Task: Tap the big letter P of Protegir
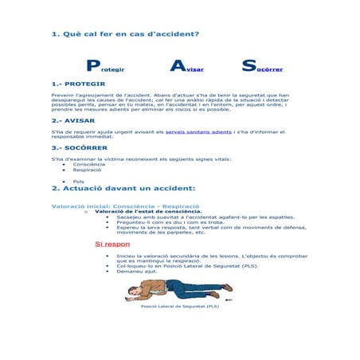(x=93, y=67)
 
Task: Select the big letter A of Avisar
(x=178, y=67)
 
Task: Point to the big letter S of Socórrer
(x=248, y=67)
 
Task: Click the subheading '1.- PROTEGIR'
(x=78, y=84)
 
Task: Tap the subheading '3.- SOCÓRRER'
(x=79, y=147)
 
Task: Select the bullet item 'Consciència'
(x=88, y=164)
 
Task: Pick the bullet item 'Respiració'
(x=87, y=170)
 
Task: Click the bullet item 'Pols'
(x=78, y=181)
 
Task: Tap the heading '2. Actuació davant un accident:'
(x=123, y=189)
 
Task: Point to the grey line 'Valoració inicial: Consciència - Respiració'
(x=125, y=205)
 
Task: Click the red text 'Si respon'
(x=112, y=244)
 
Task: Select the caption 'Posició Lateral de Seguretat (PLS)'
(x=179, y=306)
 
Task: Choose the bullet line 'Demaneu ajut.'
(x=137, y=272)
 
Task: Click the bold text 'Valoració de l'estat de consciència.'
(x=148, y=211)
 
